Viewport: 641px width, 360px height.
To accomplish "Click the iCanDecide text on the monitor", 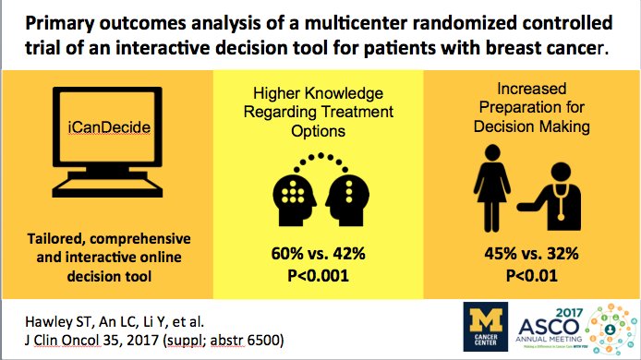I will pos(108,146).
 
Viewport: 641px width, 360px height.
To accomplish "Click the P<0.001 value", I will pos(322,274).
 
